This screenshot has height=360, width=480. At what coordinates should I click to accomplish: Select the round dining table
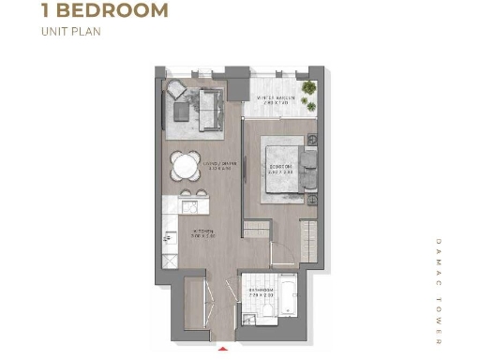click(x=185, y=166)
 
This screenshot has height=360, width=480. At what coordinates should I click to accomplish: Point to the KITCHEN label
click(x=205, y=233)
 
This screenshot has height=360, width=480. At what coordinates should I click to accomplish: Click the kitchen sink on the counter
click(x=170, y=233)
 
